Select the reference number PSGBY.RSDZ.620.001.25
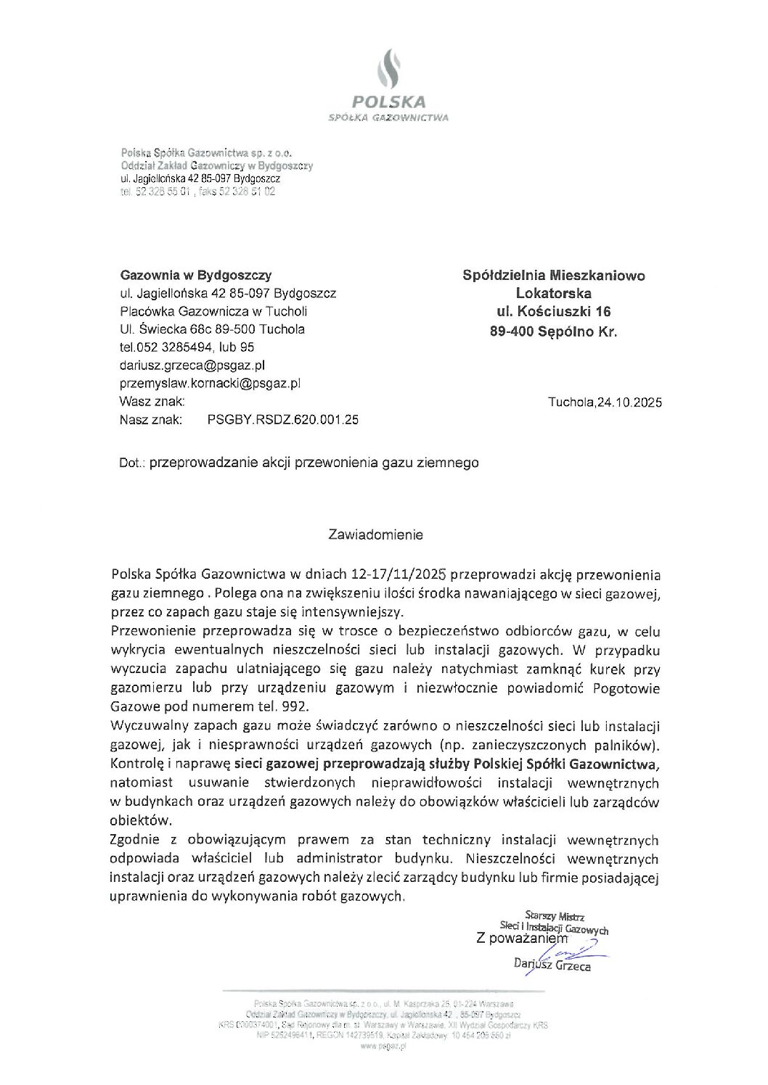pos(282,419)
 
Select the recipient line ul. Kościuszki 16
pos(553,312)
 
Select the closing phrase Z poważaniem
pos(521,938)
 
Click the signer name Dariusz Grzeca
pos(552,965)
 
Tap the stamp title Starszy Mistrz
pos(554,916)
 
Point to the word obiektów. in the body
pos(141,820)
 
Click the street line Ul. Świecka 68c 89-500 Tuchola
pos(213,329)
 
